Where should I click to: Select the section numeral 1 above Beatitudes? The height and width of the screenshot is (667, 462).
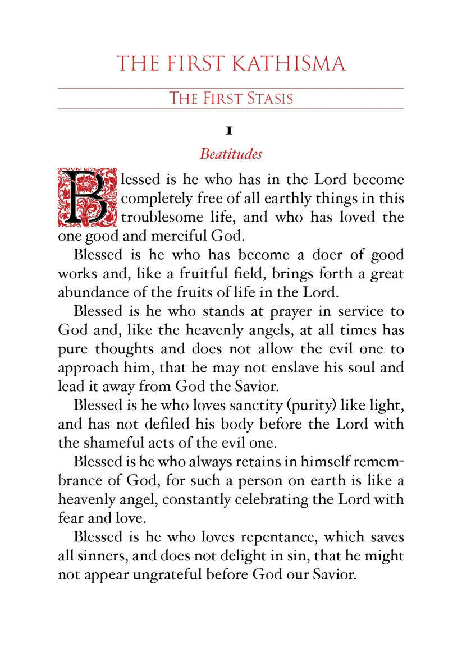tap(229, 131)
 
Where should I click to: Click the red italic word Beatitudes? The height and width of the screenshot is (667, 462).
tap(231, 153)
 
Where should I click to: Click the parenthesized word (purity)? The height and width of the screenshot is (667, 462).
tap(321, 406)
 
